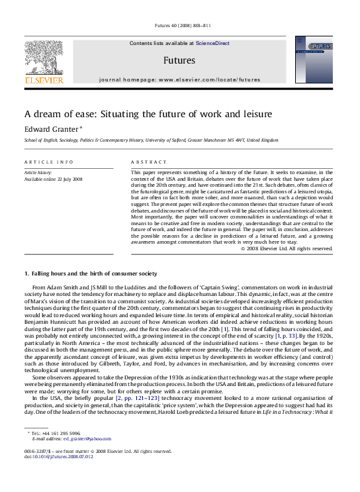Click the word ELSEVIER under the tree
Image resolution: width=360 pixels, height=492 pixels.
coord(44,80)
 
